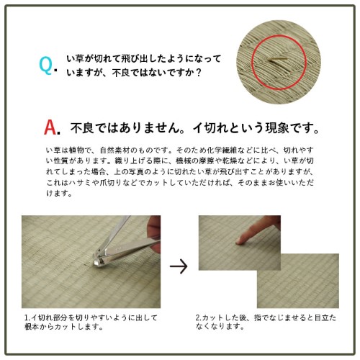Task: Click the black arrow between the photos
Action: pyautogui.click(x=177, y=266)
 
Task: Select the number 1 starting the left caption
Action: pyautogui.click(x=25, y=318)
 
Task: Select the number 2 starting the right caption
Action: pyautogui.click(x=197, y=318)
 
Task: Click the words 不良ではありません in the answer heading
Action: pyautogui.click(x=115, y=130)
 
